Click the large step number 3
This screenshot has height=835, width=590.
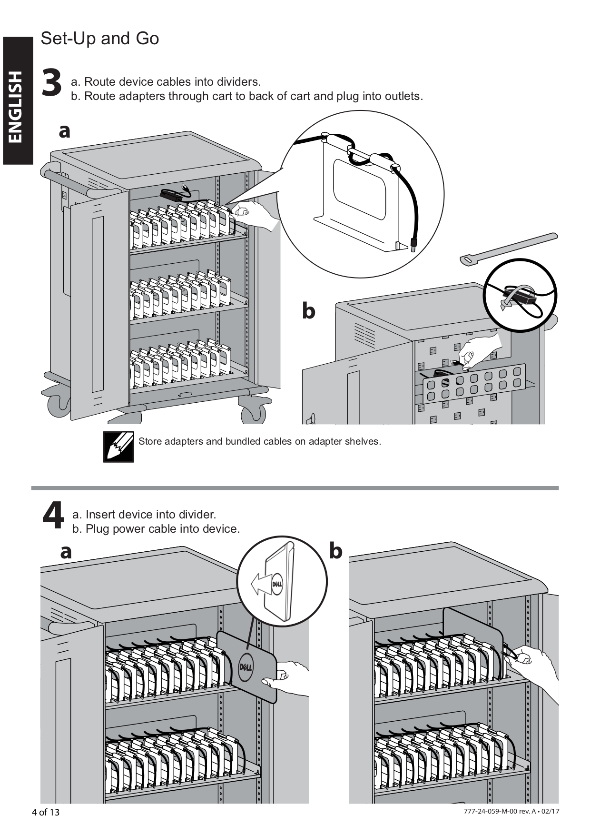pos(52,83)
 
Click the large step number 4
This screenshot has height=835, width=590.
pos(53,516)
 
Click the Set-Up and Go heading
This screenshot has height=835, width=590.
pos(100,39)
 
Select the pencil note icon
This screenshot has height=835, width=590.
pos(118,447)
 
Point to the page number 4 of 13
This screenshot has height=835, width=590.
pos(46,812)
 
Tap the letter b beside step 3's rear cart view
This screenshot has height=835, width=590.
pos(309,311)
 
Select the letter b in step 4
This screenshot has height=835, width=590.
pos(336,551)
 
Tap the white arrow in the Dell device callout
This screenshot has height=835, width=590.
pos(260,584)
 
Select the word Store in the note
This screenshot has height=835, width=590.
pos(150,441)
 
